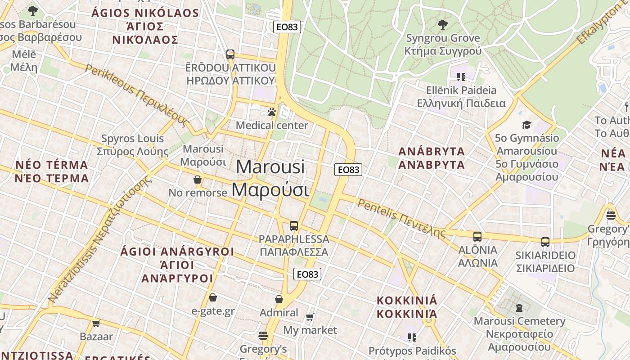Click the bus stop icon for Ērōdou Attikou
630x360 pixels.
230,54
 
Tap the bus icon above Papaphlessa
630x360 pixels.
294,226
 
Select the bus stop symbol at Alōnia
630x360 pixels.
477,237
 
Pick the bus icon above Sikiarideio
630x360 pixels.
545,242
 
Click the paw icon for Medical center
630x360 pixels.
271,112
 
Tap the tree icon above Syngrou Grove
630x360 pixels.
443,24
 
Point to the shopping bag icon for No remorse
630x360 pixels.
197,180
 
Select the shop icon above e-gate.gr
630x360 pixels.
213,297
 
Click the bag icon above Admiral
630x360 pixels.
279,299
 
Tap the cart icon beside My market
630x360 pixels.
310,317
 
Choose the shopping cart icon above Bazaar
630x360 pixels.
96,323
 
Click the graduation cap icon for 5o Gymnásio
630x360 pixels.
526,125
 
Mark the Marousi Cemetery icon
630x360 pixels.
519,308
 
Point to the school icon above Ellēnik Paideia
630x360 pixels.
461,77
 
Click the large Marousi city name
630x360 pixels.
270,178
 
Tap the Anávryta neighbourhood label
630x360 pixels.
432,158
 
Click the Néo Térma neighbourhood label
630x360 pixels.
52,171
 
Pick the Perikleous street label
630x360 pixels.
135,94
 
